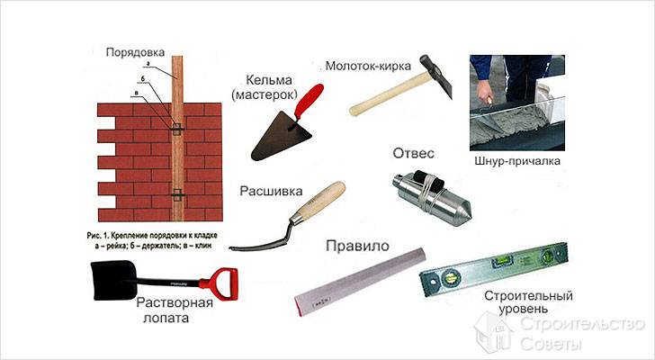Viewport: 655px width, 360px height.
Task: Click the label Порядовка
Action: pos(135,52)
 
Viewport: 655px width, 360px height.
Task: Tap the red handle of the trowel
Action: pos(310,102)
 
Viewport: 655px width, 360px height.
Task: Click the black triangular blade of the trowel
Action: pos(280,137)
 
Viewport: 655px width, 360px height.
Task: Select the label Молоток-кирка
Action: pos(368,66)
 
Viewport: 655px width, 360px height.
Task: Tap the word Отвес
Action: pos(413,153)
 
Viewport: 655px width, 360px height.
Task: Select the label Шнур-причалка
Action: pos(517,161)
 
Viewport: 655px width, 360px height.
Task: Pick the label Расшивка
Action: pos(271,192)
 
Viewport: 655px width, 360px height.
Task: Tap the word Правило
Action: pos(357,246)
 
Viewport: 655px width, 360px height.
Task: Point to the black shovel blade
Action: pos(112,280)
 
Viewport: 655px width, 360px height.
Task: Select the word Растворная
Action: pos(175,302)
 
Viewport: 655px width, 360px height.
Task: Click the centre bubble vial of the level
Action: pos(501,262)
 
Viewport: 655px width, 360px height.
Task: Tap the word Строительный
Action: pos(528,296)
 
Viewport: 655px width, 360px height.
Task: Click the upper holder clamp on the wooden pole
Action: pos(176,129)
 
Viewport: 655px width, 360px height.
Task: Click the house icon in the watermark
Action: pos(493,333)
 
